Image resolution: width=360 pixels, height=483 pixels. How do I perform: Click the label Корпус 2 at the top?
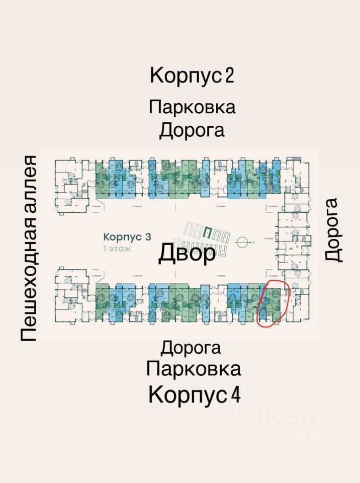192,76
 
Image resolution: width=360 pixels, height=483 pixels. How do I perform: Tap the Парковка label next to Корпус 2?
192,107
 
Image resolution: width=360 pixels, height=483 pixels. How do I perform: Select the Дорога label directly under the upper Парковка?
192,130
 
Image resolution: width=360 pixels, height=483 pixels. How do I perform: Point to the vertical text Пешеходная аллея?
29,249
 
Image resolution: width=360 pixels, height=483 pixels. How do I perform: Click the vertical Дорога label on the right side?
333,229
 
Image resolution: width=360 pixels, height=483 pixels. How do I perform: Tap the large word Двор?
187,253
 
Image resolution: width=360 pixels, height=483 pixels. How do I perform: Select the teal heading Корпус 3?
127,236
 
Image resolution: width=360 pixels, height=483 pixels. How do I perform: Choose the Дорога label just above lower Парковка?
191,347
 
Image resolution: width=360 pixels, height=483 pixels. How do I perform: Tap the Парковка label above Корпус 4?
194,369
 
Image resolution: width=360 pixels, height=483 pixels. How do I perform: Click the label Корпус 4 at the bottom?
194,394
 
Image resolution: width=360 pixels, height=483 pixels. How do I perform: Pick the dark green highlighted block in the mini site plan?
207,232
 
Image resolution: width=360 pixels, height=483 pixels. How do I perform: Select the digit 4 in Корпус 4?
235,395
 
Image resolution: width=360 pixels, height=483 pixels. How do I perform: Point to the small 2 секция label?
136,206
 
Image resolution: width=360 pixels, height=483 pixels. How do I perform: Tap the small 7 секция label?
220,277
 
